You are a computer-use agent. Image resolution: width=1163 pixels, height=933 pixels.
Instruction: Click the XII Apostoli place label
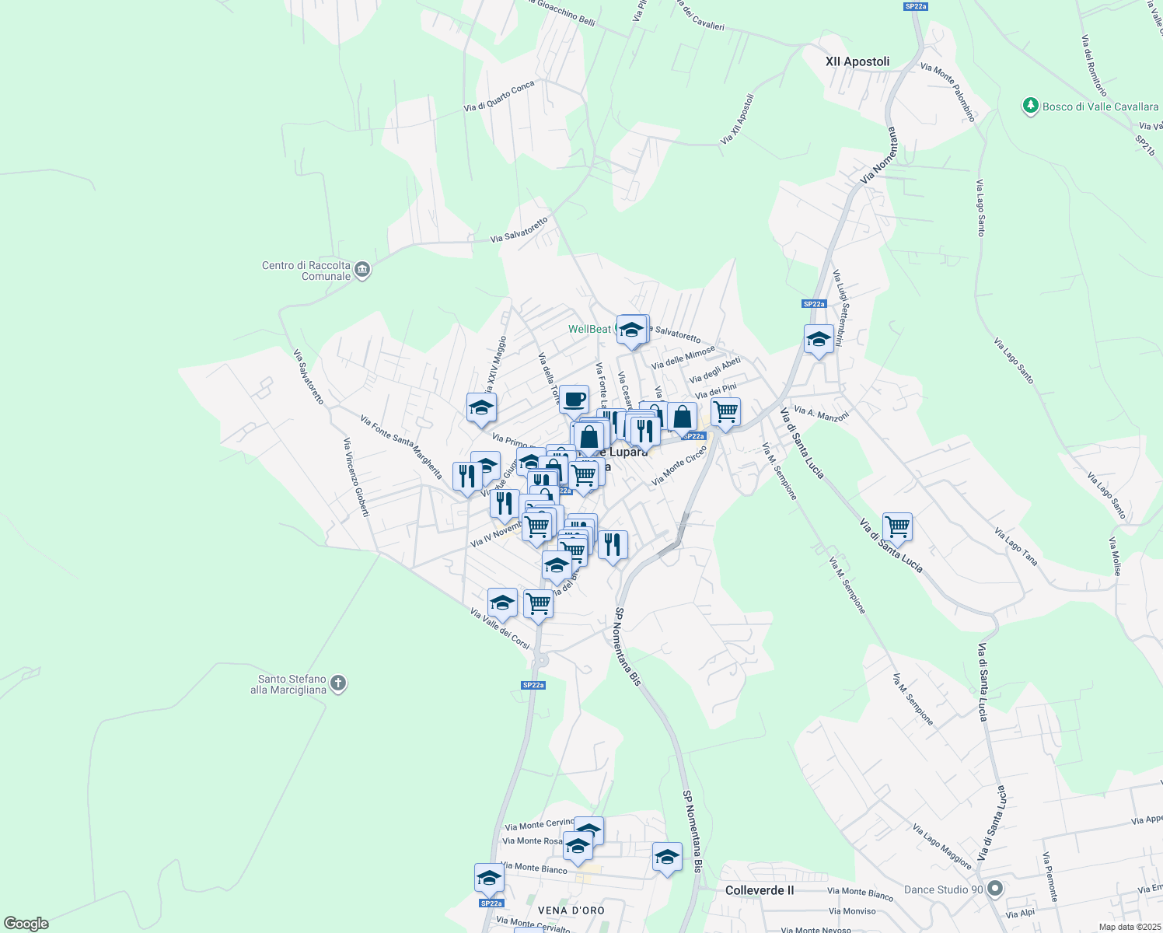click(857, 61)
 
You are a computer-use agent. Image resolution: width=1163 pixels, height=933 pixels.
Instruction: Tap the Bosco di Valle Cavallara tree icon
click(1031, 106)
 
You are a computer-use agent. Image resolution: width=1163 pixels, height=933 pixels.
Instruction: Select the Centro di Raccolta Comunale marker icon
click(361, 271)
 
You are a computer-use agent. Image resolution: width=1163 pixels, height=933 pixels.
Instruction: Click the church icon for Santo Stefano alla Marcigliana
click(337, 683)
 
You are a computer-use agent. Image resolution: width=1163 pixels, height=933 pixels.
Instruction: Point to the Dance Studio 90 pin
click(994, 889)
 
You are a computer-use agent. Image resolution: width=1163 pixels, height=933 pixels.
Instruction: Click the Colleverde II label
click(759, 890)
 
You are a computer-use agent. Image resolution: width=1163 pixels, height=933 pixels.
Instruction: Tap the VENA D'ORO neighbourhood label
click(571, 910)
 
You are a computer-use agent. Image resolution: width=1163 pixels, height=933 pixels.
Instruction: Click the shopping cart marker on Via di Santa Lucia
click(897, 527)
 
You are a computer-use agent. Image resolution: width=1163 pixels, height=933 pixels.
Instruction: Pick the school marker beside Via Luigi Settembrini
click(819, 340)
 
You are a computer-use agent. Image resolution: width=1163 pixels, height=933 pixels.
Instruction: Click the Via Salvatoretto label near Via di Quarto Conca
click(519, 230)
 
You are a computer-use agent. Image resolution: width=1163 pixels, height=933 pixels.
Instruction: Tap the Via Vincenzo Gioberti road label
click(356, 477)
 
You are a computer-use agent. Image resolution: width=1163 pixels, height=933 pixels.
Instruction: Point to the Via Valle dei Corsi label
click(500, 628)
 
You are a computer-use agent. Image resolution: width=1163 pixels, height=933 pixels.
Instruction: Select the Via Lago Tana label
click(1015, 546)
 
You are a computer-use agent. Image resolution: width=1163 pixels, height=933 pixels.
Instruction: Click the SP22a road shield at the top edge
click(916, 6)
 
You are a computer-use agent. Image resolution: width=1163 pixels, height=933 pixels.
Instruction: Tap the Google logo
click(26, 924)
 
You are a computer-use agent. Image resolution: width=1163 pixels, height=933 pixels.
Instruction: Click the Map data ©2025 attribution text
click(1130, 927)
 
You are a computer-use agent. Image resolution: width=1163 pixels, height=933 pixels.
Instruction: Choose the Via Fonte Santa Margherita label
click(401, 446)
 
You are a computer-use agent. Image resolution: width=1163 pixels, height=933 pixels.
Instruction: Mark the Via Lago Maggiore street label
click(941, 847)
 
